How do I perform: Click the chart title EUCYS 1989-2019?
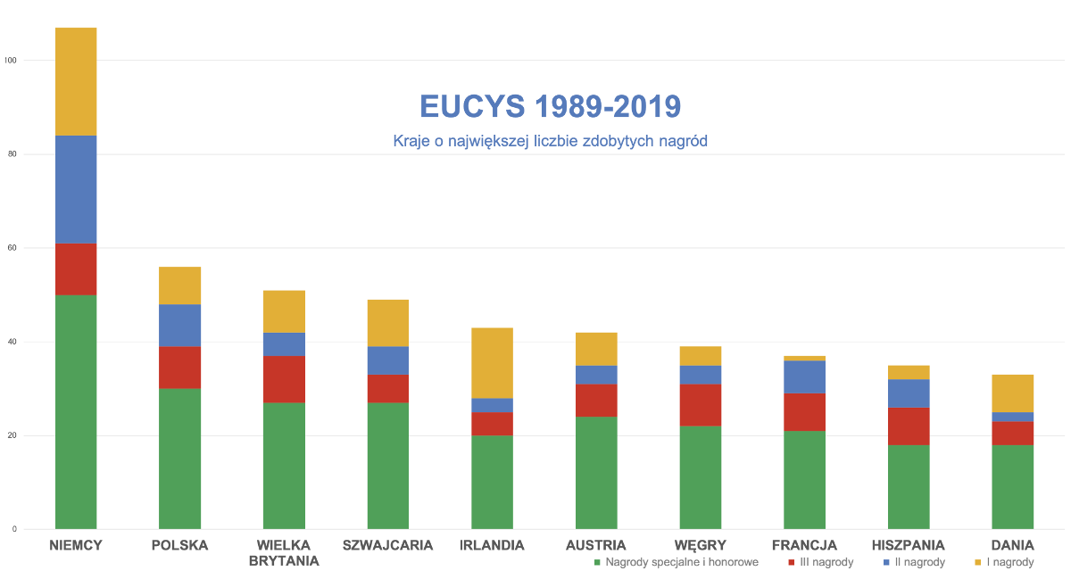[x=551, y=107]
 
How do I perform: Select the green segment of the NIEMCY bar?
[x=76, y=411]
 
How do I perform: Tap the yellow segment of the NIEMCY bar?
[x=76, y=81]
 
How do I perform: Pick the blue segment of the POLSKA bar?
[x=179, y=326]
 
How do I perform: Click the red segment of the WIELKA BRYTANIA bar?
[x=283, y=379]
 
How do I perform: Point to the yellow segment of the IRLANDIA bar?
[x=492, y=362]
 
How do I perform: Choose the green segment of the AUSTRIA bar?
[x=596, y=473]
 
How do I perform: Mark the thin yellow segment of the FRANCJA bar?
[x=804, y=358]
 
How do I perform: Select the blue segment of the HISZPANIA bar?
[x=909, y=393]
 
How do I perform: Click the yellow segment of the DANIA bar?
[x=1013, y=393]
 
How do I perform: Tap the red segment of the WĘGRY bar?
[x=701, y=405]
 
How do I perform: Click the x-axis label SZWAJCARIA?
[x=387, y=545]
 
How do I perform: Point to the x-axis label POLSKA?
[x=179, y=545]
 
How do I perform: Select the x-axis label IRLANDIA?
[x=492, y=545]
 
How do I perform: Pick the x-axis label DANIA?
[x=1013, y=545]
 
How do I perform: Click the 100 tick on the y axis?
[x=10, y=61]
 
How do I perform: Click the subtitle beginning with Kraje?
[x=551, y=141]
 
